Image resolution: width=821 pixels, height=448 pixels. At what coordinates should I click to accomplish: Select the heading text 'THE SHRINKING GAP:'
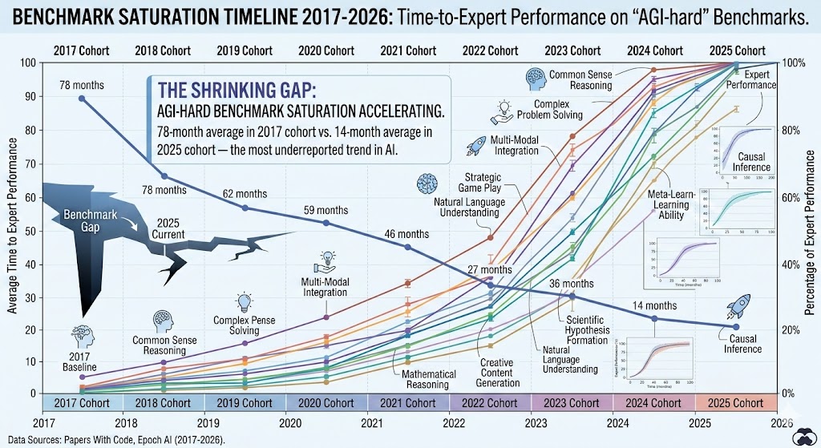[221, 90]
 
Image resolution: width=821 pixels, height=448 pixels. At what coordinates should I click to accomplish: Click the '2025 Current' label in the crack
[169, 228]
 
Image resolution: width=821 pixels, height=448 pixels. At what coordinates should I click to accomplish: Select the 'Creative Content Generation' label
[496, 373]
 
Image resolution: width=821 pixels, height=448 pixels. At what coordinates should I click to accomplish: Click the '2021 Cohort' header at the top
[409, 50]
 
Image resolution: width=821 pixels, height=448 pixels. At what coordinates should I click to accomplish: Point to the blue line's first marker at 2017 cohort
[82, 98]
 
